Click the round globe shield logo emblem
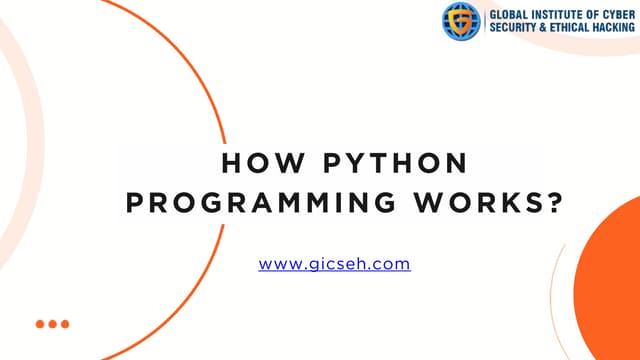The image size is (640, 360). point(462,20)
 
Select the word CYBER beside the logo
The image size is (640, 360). point(620,13)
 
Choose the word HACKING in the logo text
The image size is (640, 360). point(617,28)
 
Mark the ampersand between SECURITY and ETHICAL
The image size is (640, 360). point(544,28)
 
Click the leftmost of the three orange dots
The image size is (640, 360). point(41,324)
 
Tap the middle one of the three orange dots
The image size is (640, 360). point(53,324)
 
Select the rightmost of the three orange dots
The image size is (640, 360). point(65,324)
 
